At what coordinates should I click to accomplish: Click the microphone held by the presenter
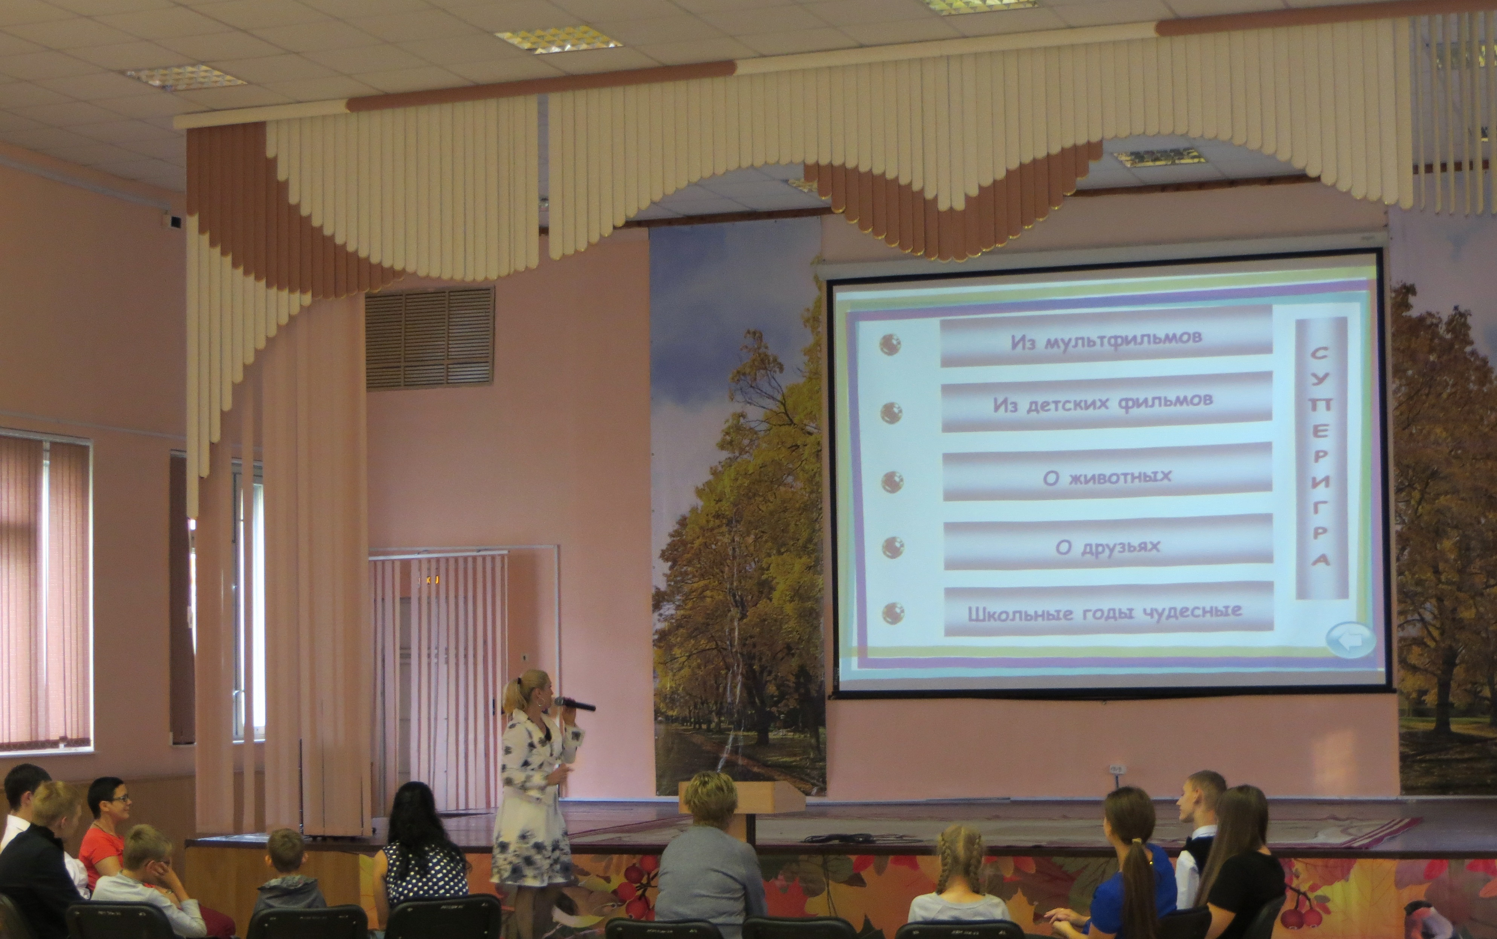[574, 704]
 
